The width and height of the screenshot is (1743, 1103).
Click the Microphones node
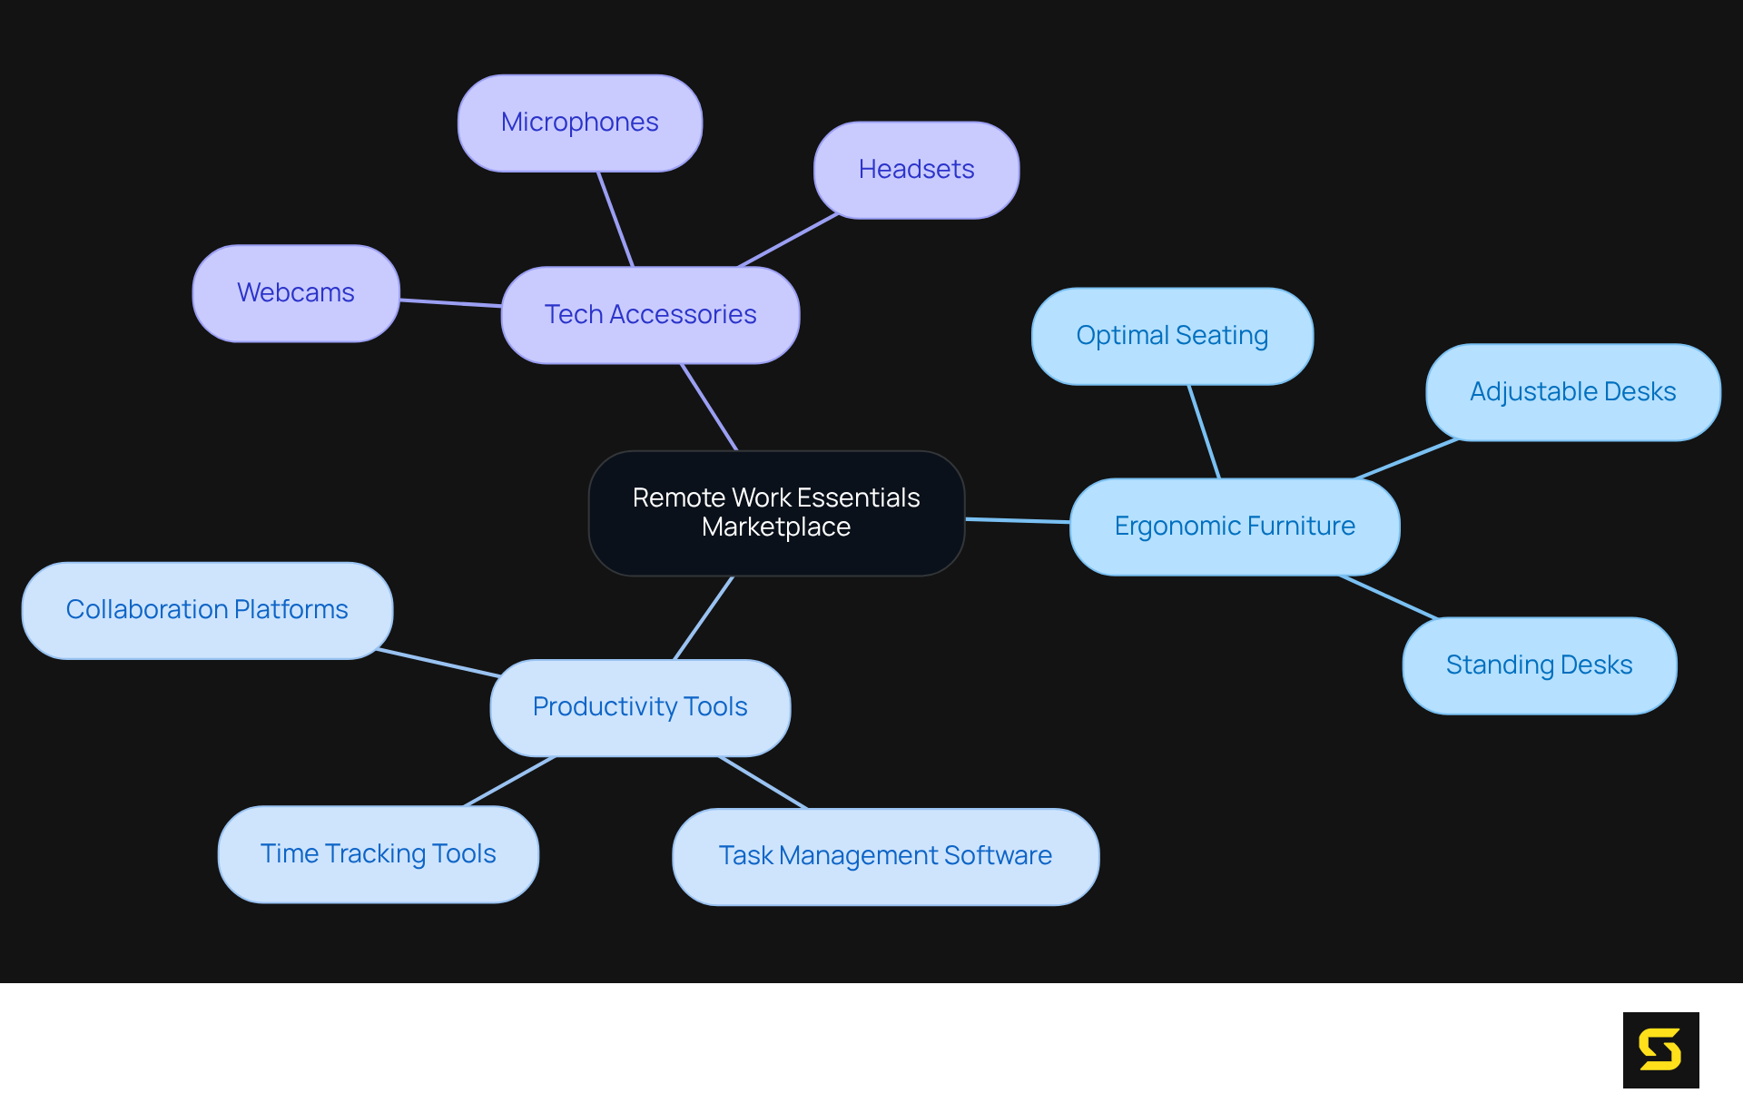pyautogui.click(x=579, y=123)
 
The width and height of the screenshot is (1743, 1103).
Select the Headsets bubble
pyautogui.click(x=916, y=170)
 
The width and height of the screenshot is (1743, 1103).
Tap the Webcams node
pyautogui.click(x=296, y=292)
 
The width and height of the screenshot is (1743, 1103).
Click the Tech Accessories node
pyautogui.click(x=650, y=315)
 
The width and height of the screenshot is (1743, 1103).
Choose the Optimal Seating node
pyautogui.click(x=1172, y=336)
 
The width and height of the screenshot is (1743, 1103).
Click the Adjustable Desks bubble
pyautogui.click(x=1572, y=392)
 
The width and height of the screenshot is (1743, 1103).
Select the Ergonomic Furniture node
pyautogui.click(x=1235, y=527)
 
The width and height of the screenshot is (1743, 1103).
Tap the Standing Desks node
pyautogui.click(x=1539, y=665)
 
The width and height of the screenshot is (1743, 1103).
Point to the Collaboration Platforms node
pyautogui.click(x=207, y=610)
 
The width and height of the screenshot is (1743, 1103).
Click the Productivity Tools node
pyautogui.click(x=640, y=707)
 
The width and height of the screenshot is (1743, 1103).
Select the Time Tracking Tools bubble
pyautogui.click(x=378, y=854)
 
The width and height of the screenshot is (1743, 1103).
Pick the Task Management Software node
pyautogui.click(x=885, y=856)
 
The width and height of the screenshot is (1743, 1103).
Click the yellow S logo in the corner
pyautogui.click(x=1660, y=1049)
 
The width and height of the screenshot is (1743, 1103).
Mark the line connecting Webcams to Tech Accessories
pyautogui.click(x=450, y=303)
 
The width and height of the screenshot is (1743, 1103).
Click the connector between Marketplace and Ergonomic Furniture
pyautogui.click(x=1017, y=520)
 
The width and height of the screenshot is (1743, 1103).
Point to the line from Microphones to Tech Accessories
pyautogui.click(x=615, y=219)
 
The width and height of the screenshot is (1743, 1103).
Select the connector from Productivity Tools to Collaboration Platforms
pyautogui.click(x=438, y=663)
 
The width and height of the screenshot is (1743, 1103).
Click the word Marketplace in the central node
pyautogui.click(x=776, y=527)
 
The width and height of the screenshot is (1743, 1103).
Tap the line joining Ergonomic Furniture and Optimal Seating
pyautogui.click(x=1205, y=432)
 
